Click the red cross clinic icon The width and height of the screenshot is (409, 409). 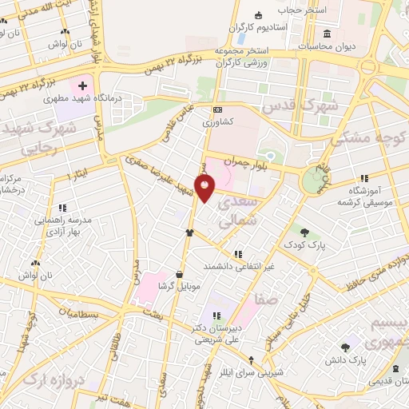pyautogui.click(x=83, y=84)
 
